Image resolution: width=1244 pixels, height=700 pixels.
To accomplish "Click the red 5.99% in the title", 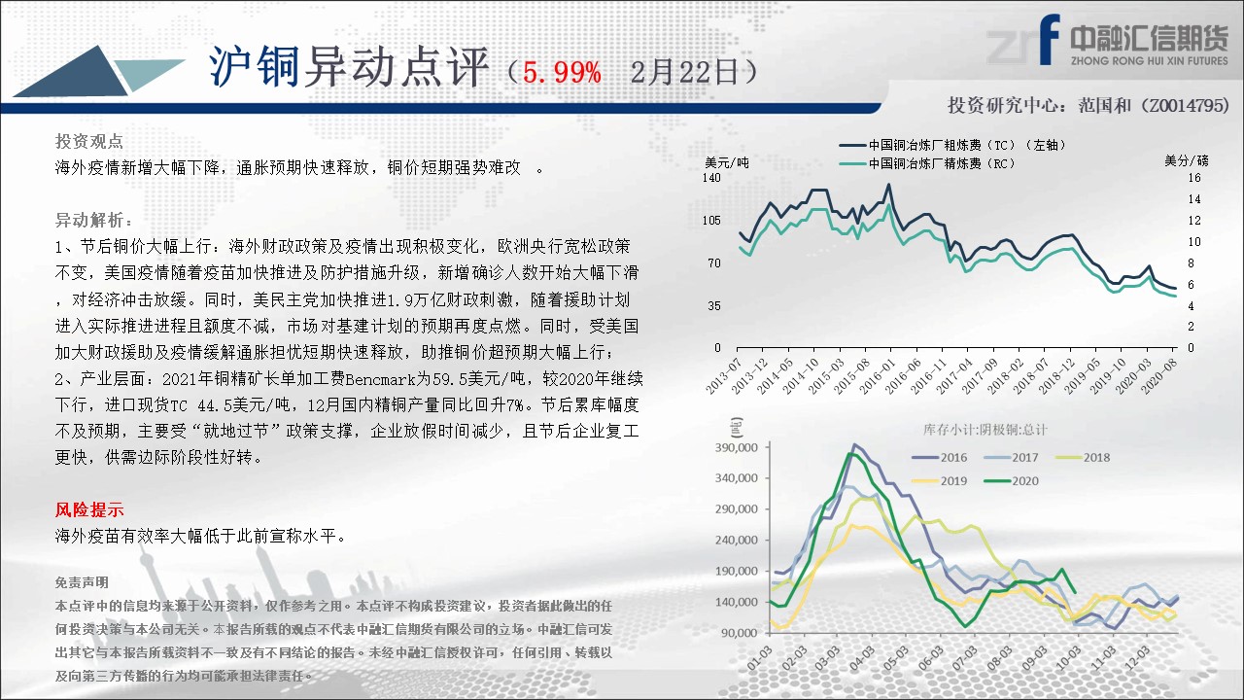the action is click(x=562, y=73).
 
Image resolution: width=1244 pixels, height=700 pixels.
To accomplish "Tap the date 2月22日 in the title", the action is click(x=684, y=73).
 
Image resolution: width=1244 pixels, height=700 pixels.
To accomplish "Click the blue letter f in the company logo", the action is click(x=1050, y=39).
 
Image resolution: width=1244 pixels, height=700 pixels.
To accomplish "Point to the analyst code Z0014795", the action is click(x=1187, y=105).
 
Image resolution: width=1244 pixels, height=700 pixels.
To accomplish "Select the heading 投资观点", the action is click(x=88, y=142).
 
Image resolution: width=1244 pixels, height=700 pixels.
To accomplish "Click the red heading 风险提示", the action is click(x=88, y=509).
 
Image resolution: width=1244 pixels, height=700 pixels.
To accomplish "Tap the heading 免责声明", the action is click(x=82, y=582).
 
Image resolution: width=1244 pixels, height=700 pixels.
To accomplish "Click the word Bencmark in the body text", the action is click(x=380, y=379).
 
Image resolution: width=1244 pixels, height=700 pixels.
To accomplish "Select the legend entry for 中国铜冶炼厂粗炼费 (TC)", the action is click(x=951, y=145).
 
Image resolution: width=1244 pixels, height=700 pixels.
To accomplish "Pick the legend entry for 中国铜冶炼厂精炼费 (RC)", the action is click(x=926, y=164).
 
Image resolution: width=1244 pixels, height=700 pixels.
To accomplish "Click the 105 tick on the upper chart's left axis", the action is click(x=711, y=221).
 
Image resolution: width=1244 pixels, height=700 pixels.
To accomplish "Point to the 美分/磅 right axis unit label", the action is click(x=1187, y=161).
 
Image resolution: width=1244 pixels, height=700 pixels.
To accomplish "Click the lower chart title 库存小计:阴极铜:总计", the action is click(x=985, y=430).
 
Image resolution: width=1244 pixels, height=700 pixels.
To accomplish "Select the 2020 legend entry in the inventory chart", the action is click(x=1011, y=481).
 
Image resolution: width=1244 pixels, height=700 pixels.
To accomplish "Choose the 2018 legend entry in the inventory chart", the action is click(x=1083, y=458).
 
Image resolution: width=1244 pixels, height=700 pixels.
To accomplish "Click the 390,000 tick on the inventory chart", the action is click(x=737, y=448).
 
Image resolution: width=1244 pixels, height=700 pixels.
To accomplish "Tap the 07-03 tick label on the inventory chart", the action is click(x=965, y=659).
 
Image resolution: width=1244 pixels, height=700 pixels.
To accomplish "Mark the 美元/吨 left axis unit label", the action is click(x=726, y=162).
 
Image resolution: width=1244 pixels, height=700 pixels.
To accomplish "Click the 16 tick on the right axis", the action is click(x=1194, y=178).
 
